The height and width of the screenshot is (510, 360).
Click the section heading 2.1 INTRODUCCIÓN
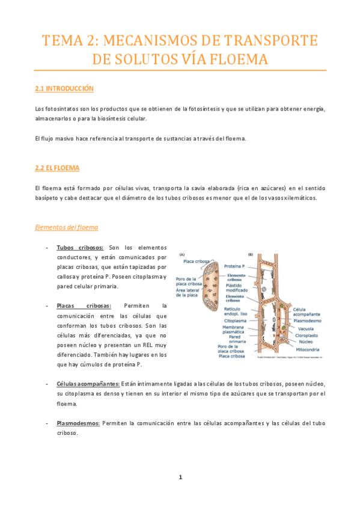tap(64, 88)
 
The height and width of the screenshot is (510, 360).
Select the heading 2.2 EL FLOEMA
tap(57, 168)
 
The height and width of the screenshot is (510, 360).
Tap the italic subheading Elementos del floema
tap(66, 227)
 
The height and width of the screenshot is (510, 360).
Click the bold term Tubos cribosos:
tap(80, 247)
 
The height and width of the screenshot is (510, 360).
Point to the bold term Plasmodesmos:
tap(78, 423)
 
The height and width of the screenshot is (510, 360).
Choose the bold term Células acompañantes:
tap(88, 383)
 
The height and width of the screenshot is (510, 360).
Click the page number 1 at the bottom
tap(180, 477)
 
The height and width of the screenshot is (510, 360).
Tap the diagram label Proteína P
tap(237, 265)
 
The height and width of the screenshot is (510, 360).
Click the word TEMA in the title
tap(63, 41)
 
